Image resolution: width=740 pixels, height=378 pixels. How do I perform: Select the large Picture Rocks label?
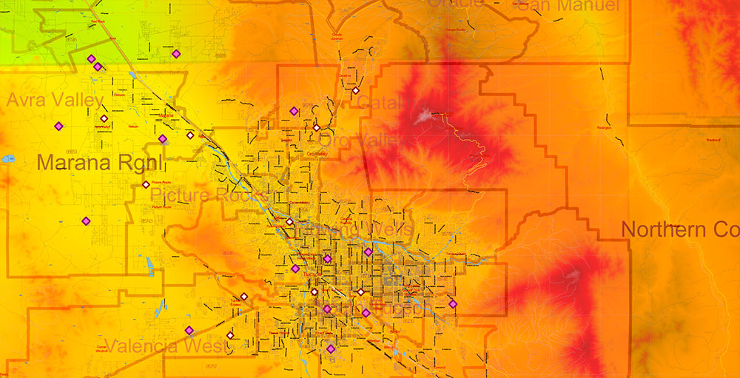click(x=209, y=195)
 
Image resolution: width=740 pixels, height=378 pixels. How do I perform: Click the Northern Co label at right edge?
click(x=680, y=229)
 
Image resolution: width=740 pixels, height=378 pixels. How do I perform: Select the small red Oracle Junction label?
click(x=337, y=36)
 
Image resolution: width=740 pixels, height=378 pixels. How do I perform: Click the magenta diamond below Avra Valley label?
click(x=58, y=126)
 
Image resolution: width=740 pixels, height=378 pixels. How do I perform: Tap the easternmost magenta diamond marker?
click(x=453, y=303)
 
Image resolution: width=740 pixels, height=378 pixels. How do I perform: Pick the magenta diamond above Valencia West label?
click(x=189, y=330)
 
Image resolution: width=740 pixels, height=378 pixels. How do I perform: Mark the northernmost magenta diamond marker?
click(x=175, y=53)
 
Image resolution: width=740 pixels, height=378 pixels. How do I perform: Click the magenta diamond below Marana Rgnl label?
click(x=86, y=220)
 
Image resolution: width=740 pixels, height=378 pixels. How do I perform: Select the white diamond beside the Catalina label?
click(x=355, y=90)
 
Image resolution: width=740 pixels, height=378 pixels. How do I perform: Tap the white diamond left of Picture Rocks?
click(x=146, y=184)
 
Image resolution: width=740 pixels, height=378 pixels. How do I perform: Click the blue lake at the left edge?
click(x=8, y=158)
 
